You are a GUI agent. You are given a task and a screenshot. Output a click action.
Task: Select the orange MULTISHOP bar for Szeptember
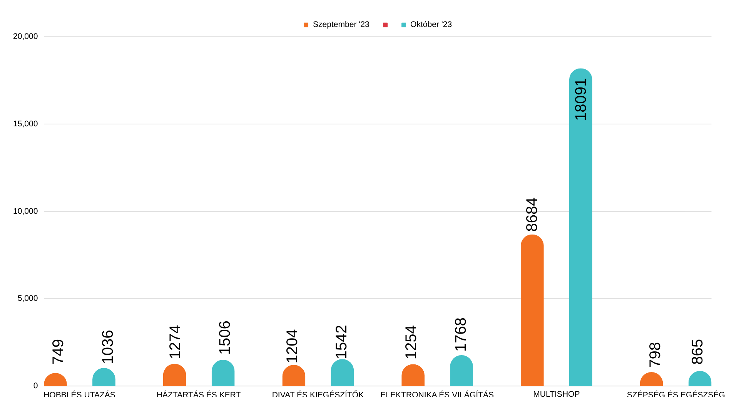coord(532,312)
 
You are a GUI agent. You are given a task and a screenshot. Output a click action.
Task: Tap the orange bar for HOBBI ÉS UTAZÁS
coord(55,380)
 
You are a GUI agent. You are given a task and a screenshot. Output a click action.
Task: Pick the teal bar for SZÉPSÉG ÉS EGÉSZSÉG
coord(700,379)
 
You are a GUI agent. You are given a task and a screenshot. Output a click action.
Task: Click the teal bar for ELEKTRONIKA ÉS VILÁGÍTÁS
coord(461,371)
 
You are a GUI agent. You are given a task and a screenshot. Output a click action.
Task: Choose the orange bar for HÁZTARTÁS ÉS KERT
coord(174,376)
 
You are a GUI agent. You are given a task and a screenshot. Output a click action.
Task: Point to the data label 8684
coord(532,215)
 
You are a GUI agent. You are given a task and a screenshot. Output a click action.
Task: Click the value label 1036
coord(108,347)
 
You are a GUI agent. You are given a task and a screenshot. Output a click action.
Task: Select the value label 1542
coord(341,342)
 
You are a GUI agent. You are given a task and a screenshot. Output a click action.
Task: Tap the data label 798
coord(655,355)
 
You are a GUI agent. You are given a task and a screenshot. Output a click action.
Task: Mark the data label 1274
coord(175,342)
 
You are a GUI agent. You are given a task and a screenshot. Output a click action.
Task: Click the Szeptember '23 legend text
coord(341,25)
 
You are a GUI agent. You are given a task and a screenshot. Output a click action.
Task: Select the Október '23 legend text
coord(431,25)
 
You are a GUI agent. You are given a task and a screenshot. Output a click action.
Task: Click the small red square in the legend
coord(385,25)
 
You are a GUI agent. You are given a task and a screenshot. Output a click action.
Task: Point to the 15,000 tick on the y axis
coord(25,124)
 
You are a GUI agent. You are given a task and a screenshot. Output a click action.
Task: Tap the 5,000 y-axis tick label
coord(28,298)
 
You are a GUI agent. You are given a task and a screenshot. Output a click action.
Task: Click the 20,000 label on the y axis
coord(25,36)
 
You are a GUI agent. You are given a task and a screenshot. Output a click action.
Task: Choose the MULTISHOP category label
coord(556,394)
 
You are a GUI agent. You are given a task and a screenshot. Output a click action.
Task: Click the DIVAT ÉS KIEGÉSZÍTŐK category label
coord(318,394)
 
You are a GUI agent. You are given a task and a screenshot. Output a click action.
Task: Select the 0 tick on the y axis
coord(36,386)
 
